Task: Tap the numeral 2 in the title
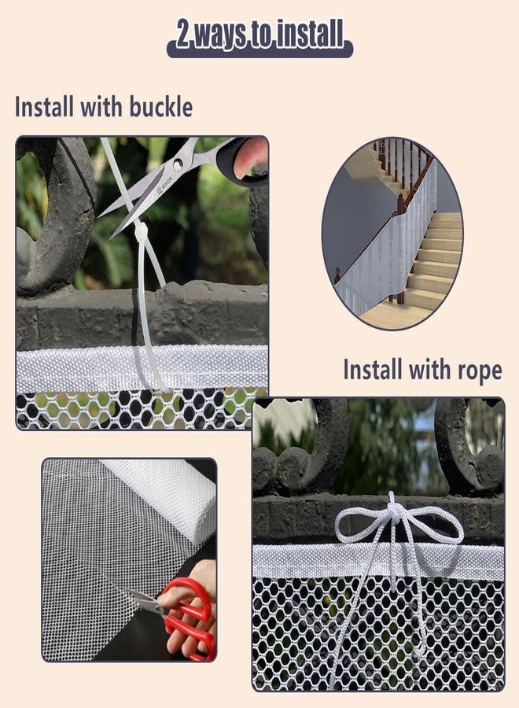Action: (x=183, y=35)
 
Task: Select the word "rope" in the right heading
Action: (x=475, y=370)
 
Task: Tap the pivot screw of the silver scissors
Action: (x=179, y=165)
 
